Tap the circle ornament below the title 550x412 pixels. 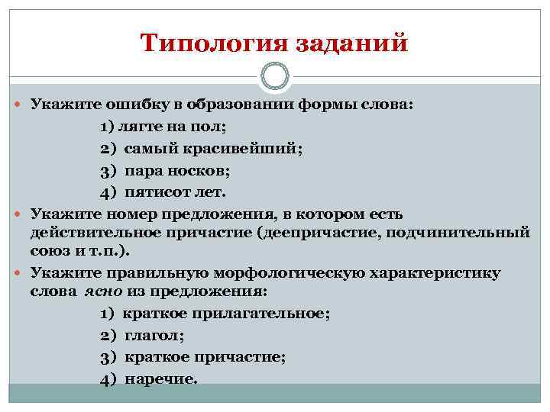[x=274, y=77]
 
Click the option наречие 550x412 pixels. [x=160, y=378]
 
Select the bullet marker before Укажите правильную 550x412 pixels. [x=21, y=273]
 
